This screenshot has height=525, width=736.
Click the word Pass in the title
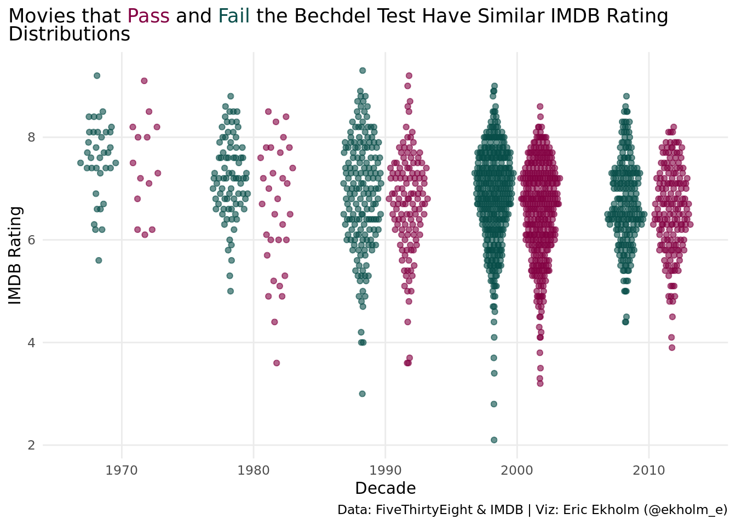pyautogui.click(x=148, y=16)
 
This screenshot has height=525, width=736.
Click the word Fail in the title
pyautogui.click(x=234, y=16)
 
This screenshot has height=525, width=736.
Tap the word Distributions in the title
pyautogui.click(x=70, y=34)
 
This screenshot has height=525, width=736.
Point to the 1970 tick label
pyautogui.click(x=122, y=470)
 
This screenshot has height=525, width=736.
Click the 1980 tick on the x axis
pyautogui.click(x=254, y=470)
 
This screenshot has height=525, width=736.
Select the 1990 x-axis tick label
pyautogui.click(x=386, y=470)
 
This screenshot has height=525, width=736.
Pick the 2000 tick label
pyautogui.click(x=517, y=470)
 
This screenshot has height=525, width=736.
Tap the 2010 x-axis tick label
pyautogui.click(x=649, y=470)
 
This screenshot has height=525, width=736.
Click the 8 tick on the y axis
pyautogui.click(x=31, y=137)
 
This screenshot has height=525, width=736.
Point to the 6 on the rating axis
pyautogui.click(x=31, y=240)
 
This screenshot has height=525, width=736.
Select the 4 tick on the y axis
pyautogui.click(x=31, y=343)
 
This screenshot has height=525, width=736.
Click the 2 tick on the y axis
pyautogui.click(x=31, y=445)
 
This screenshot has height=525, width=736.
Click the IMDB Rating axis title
pyautogui.click(x=15, y=255)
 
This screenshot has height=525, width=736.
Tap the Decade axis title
pyautogui.click(x=386, y=488)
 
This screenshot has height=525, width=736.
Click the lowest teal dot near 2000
pyautogui.click(x=494, y=440)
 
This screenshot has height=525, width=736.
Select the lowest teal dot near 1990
pyautogui.click(x=362, y=394)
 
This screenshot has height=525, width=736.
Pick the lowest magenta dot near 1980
pyautogui.click(x=277, y=363)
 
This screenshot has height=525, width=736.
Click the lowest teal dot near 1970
pyautogui.click(x=99, y=260)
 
